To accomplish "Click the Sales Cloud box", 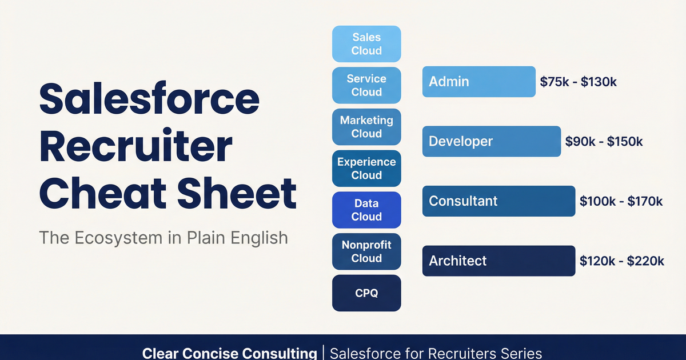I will click(x=366, y=44).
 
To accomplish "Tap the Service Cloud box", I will click(x=366, y=86).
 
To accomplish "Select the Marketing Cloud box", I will click(x=366, y=127).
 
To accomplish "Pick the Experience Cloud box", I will click(x=366, y=169).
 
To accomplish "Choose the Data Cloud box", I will click(x=366, y=210).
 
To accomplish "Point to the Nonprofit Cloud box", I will click(x=366, y=251).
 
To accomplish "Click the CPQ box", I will click(x=366, y=293).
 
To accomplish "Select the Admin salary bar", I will click(x=478, y=81).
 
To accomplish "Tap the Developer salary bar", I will click(x=491, y=141).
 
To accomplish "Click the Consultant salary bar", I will click(x=498, y=201).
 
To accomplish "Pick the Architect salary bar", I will click(x=498, y=261).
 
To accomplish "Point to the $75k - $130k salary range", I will click(x=579, y=82).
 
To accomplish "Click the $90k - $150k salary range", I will click(x=604, y=142).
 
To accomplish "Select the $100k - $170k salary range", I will click(x=621, y=201).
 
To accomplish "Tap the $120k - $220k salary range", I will click(x=622, y=261).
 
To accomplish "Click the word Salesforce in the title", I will click(x=149, y=98).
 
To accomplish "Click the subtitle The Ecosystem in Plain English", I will click(x=163, y=237).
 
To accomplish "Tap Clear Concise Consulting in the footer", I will click(x=230, y=353).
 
